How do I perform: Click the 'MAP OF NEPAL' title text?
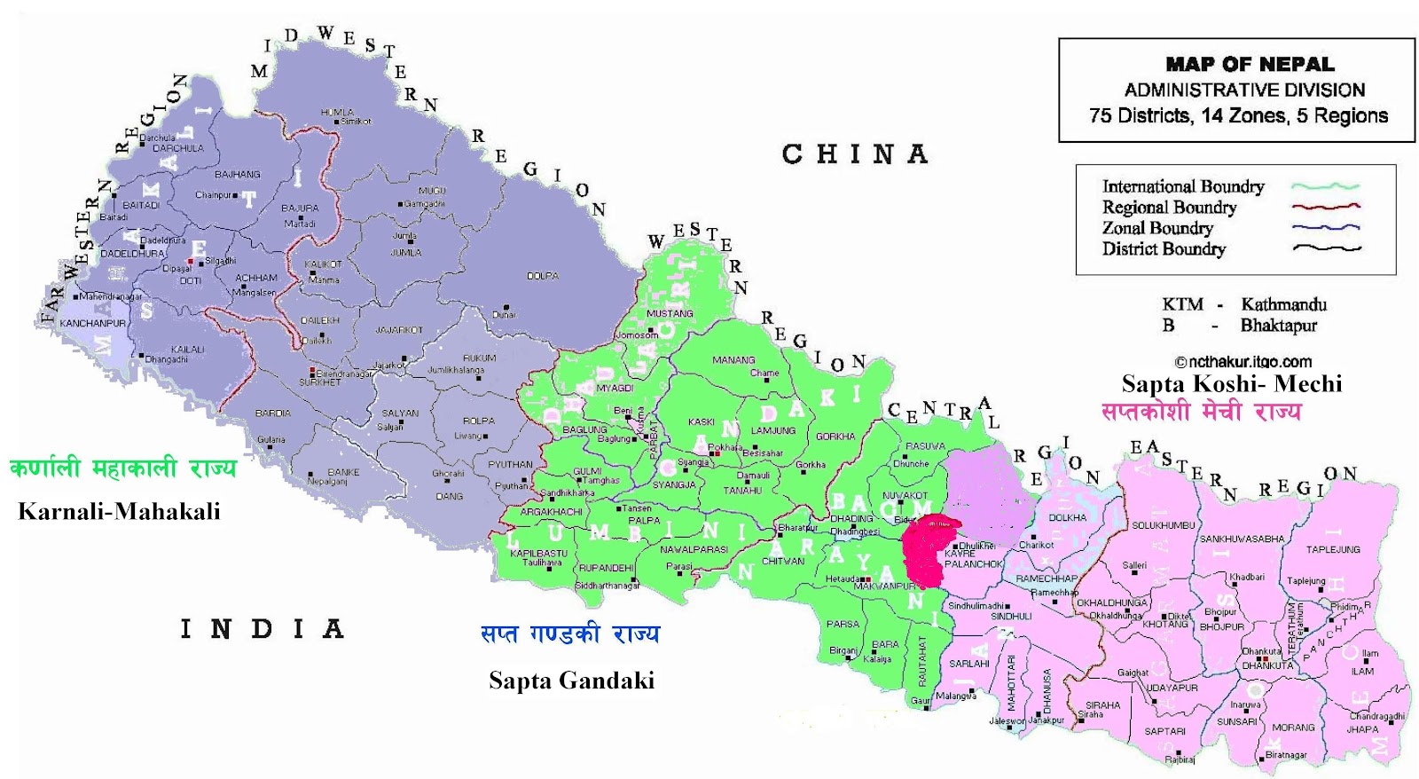click(x=1249, y=64)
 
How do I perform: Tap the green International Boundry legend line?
click(x=1325, y=186)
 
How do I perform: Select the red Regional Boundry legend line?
click(x=1325, y=207)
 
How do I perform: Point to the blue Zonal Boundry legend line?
click(x=1325, y=227)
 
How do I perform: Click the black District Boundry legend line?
click(x=1325, y=248)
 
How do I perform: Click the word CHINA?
click(x=854, y=154)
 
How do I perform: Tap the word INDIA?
click(x=262, y=630)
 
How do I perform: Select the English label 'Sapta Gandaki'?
click(x=571, y=681)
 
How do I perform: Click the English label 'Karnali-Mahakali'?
click(x=119, y=511)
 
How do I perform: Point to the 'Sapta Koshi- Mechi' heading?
click(x=1231, y=383)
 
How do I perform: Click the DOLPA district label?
click(x=542, y=276)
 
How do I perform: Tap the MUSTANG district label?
click(x=670, y=313)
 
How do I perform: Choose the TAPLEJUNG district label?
click(x=1332, y=549)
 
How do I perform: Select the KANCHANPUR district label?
click(x=92, y=324)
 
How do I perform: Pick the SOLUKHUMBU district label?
click(x=1163, y=525)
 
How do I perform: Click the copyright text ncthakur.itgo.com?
click(x=1243, y=362)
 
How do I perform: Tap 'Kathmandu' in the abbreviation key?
click(x=1283, y=304)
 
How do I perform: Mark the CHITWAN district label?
click(x=782, y=562)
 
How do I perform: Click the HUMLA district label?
click(x=337, y=113)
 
